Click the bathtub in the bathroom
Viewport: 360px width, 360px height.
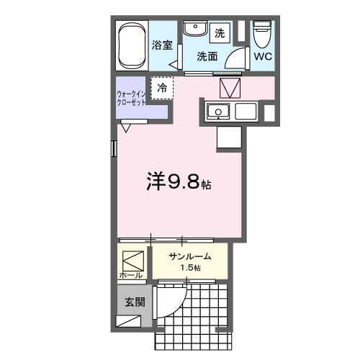coord(132,45)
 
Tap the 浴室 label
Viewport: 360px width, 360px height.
coord(162,45)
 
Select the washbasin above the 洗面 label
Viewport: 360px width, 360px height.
coord(195,29)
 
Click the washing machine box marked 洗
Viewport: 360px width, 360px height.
coord(220,33)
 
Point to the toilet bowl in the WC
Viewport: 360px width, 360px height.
coord(262,35)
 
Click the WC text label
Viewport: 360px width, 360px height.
coord(263,57)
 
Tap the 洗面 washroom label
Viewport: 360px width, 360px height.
coord(207,57)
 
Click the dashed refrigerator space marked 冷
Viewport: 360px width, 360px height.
coord(162,88)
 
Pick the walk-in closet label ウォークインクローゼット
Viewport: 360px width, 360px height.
coord(131,98)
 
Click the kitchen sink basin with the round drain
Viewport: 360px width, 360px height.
coord(218,112)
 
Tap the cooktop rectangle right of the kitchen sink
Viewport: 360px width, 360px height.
coord(246,111)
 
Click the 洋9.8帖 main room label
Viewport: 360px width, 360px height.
coord(179,181)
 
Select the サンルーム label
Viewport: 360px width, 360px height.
coord(190,256)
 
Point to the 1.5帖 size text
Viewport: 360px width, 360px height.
coord(191,268)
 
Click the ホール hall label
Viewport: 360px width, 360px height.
coord(131,276)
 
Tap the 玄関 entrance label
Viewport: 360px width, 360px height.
coord(135,302)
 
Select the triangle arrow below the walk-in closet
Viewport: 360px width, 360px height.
coord(126,128)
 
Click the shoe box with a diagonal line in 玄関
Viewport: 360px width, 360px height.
coord(128,321)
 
